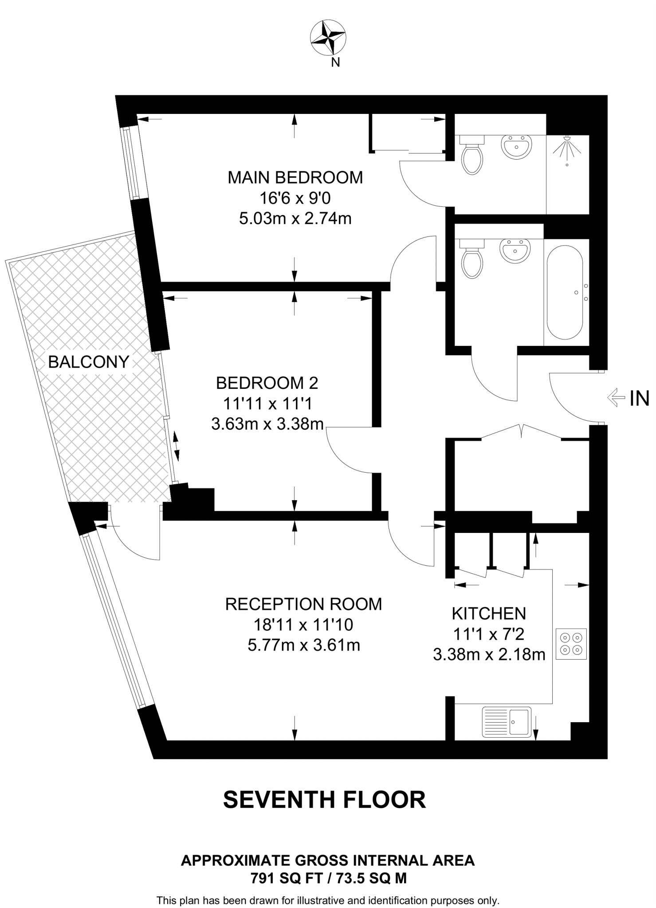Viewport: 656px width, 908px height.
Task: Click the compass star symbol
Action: click(327, 38)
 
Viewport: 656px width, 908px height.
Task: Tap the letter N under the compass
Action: click(336, 63)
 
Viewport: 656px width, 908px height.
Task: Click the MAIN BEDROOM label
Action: click(295, 177)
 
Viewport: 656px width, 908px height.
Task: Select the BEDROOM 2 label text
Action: click(267, 383)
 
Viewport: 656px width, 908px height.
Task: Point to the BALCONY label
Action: click(88, 362)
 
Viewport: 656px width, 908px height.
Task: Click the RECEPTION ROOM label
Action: click(303, 604)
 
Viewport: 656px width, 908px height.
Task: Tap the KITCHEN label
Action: click(489, 614)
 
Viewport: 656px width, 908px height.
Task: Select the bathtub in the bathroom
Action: click(564, 292)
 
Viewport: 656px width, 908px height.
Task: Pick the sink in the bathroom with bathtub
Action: click(515, 251)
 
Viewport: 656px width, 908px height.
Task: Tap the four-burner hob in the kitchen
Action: click(571, 644)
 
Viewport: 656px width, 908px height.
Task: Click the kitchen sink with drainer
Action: click(506, 722)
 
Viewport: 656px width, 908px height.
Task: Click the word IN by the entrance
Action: click(639, 399)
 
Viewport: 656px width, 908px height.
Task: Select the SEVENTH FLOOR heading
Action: click(324, 799)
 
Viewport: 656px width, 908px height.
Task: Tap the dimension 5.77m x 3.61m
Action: click(303, 645)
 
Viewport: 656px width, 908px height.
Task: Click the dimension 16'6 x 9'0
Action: click(295, 198)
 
